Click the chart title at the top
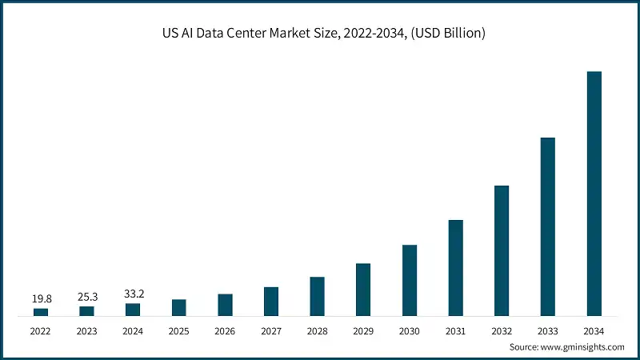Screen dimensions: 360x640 [x=320, y=34]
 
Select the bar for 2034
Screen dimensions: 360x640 [x=594, y=194]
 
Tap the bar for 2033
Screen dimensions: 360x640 [x=547, y=226]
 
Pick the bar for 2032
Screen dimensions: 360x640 [x=502, y=250]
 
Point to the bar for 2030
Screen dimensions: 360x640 [x=410, y=280]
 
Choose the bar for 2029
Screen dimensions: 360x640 [x=363, y=290]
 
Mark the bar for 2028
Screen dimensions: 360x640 [x=317, y=296]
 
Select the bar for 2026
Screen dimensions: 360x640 [x=225, y=305]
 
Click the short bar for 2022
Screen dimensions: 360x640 [x=41, y=312]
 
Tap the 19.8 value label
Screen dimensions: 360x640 [x=42, y=298]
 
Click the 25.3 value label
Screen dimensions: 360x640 [x=87, y=297]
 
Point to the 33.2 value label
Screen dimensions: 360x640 [x=134, y=294]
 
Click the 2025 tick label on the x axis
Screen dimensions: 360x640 [x=179, y=330]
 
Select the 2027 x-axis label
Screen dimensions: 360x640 [x=271, y=330]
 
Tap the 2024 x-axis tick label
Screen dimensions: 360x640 [x=134, y=330]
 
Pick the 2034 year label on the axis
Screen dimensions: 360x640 [x=594, y=330]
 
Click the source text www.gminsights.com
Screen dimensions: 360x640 [x=582, y=347]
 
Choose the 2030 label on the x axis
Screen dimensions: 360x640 [x=410, y=330]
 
